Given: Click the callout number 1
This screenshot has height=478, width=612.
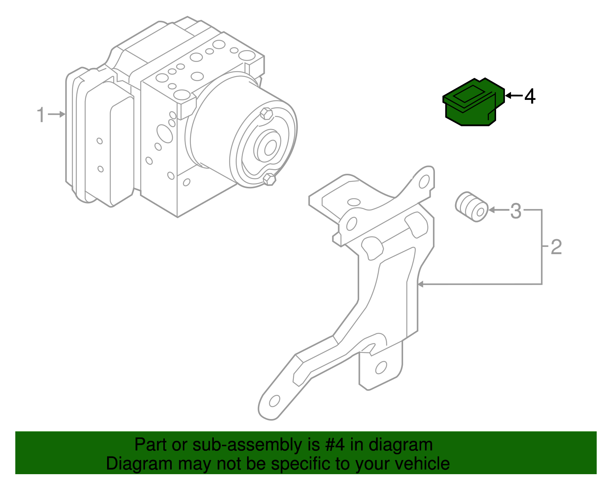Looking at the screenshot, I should pyautogui.click(x=41, y=115).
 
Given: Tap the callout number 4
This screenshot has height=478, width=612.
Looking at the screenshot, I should pyautogui.click(x=530, y=96).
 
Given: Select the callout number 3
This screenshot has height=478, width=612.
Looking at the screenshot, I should pyautogui.click(x=516, y=211).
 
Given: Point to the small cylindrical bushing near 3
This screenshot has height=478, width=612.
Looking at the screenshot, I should pyautogui.click(x=472, y=207).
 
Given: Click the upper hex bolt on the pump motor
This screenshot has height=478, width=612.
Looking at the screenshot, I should pyautogui.click(x=265, y=114).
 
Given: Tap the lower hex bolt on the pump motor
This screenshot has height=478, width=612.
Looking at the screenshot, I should pyautogui.click(x=270, y=179).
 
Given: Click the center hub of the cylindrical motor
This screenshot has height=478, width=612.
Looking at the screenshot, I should pyautogui.click(x=270, y=147).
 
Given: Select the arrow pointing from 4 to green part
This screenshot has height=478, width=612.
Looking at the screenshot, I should pyautogui.click(x=513, y=95).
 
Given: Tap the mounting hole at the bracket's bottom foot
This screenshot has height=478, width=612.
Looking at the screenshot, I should pyautogui.click(x=274, y=401).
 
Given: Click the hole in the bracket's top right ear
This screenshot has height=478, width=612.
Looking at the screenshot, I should pyautogui.click(x=424, y=182).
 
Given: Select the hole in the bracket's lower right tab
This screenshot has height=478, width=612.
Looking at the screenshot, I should pyautogui.click(x=381, y=368).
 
